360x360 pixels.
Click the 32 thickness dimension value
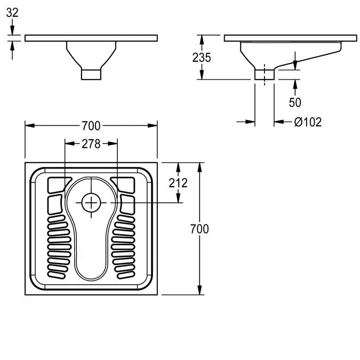pyautogui.click(x=12, y=12)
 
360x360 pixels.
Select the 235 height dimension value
pyautogui.click(x=202, y=58)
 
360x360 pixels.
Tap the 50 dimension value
pyautogui.click(x=294, y=102)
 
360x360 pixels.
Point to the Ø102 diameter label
pyautogui.click(x=308, y=122)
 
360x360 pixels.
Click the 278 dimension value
pyautogui.click(x=91, y=143)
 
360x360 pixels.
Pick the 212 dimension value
pyautogui.click(x=179, y=183)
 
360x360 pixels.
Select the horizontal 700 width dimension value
pyautogui.click(x=91, y=126)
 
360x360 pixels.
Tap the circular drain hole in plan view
pyautogui.click(x=91, y=202)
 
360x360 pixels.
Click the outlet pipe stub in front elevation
pyautogui.click(x=91, y=73)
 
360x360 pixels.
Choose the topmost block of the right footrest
pyautogui.click(x=126, y=184)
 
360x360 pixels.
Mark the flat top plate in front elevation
pyautogui.click(x=91, y=38)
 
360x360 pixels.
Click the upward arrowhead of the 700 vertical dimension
pyautogui.click(x=199, y=166)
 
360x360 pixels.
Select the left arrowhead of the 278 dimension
pyautogui.click(x=68, y=143)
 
